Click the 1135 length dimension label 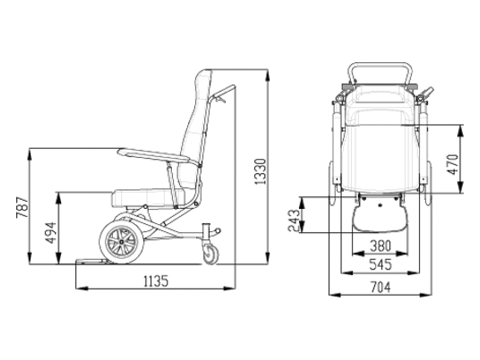point(156,281)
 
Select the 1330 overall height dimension point(261,172)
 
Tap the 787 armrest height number point(23,208)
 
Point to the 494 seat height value point(51,233)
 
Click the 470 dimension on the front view point(453,164)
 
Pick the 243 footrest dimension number point(294,220)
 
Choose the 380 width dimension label point(380,246)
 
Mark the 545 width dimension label point(380,264)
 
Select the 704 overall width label point(380,287)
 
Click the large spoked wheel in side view point(122,242)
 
